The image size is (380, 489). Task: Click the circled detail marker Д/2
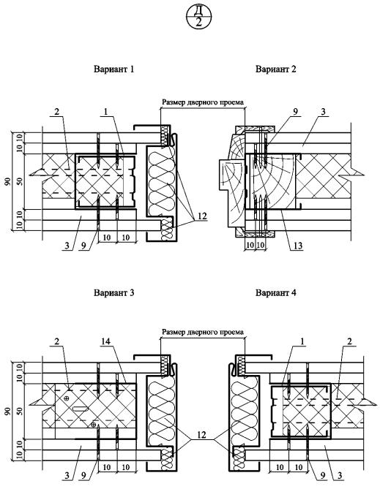coord(199,17)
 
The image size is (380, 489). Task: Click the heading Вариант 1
coord(113,69)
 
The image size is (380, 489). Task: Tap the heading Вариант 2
coord(275,69)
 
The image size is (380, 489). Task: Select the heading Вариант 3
coord(113,293)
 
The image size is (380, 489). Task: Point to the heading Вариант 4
coord(275,293)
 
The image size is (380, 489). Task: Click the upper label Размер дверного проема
coord(203,102)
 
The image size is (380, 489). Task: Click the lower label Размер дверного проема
coord(203,332)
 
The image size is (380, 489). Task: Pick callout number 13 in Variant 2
coord(298,246)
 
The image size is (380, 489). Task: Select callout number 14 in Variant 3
coord(105,341)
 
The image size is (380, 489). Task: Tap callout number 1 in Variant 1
coord(105,112)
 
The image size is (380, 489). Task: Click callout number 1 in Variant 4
coord(302,341)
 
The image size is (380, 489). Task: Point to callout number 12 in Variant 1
coord(202,216)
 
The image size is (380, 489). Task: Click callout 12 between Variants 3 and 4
coord(202,434)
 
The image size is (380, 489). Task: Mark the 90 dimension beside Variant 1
coord(8,181)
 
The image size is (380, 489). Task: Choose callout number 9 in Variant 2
coord(296,112)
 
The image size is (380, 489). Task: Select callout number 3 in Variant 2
coord(323,112)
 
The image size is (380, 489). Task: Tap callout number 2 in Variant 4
coord(349,341)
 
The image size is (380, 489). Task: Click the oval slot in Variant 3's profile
coord(81,409)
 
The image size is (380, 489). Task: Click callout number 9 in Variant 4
coord(322,476)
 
